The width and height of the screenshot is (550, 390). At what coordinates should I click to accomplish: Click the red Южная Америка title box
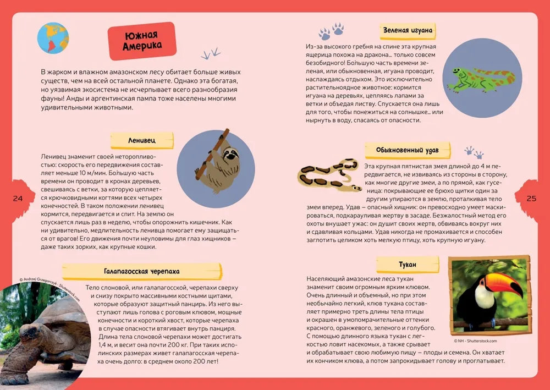[142, 41]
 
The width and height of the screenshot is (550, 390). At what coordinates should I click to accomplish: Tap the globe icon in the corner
[53, 37]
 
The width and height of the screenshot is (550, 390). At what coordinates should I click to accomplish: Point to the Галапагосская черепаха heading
[141, 271]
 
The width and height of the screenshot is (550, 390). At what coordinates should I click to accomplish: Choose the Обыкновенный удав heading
[408, 150]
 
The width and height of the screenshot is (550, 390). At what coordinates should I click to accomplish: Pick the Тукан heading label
[407, 265]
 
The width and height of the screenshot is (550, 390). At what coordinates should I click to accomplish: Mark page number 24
[17, 199]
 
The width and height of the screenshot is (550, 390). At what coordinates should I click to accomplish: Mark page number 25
[531, 199]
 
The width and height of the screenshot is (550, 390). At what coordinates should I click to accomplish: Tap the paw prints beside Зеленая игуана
[331, 31]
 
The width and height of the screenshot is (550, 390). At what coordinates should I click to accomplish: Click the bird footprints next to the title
[210, 53]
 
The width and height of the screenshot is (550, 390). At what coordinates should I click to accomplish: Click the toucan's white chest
[483, 298]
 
